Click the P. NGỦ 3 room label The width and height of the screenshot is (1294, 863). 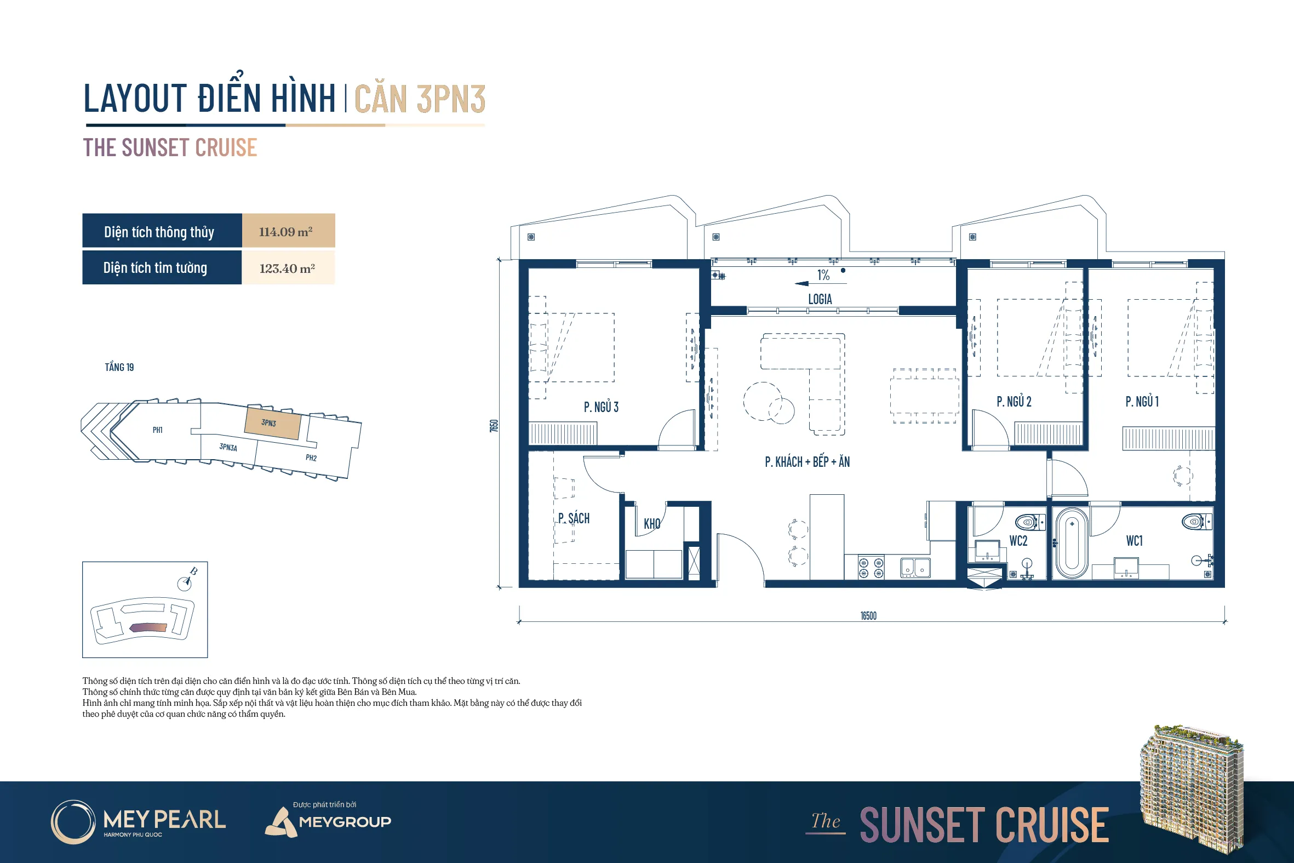[601, 407]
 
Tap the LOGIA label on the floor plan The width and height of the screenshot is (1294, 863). [820, 299]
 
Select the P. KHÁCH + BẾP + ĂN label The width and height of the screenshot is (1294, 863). [807, 461]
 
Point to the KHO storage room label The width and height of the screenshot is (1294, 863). [652, 523]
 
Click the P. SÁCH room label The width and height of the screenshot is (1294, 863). [573, 518]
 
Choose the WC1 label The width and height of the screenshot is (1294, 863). [1134, 540]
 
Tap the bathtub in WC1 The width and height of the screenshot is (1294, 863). [1072, 542]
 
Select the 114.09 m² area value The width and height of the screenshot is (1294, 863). [285, 232]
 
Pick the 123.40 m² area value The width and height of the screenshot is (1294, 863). [287, 268]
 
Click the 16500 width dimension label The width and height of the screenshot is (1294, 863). [868, 615]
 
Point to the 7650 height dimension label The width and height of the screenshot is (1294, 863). [494, 425]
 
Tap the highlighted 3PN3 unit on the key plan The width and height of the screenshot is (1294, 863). [273, 422]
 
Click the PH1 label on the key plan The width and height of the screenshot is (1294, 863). [157, 430]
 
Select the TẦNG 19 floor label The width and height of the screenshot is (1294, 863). [119, 367]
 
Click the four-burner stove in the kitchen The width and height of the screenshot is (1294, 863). [872, 568]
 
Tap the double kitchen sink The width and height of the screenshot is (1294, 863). [915, 568]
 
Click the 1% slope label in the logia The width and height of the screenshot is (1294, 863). [823, 275]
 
